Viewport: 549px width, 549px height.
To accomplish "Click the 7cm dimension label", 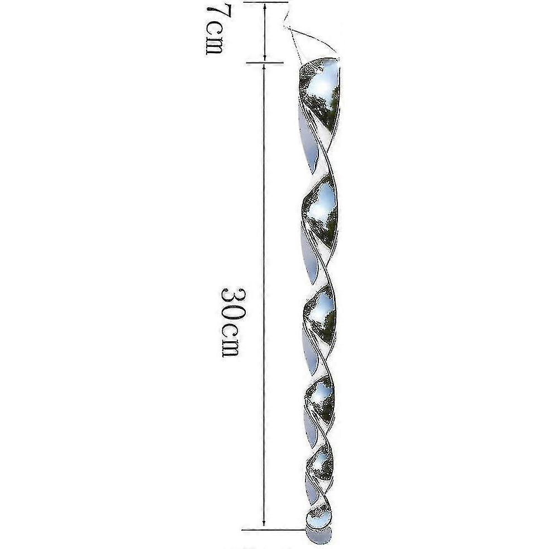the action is (214, 30).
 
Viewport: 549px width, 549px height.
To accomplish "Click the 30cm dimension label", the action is (232, 322).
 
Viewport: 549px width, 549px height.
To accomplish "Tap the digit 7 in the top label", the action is (214, 13).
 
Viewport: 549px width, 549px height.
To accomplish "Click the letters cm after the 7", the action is (214, 39).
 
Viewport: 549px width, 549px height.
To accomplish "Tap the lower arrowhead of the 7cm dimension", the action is (265, 57).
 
